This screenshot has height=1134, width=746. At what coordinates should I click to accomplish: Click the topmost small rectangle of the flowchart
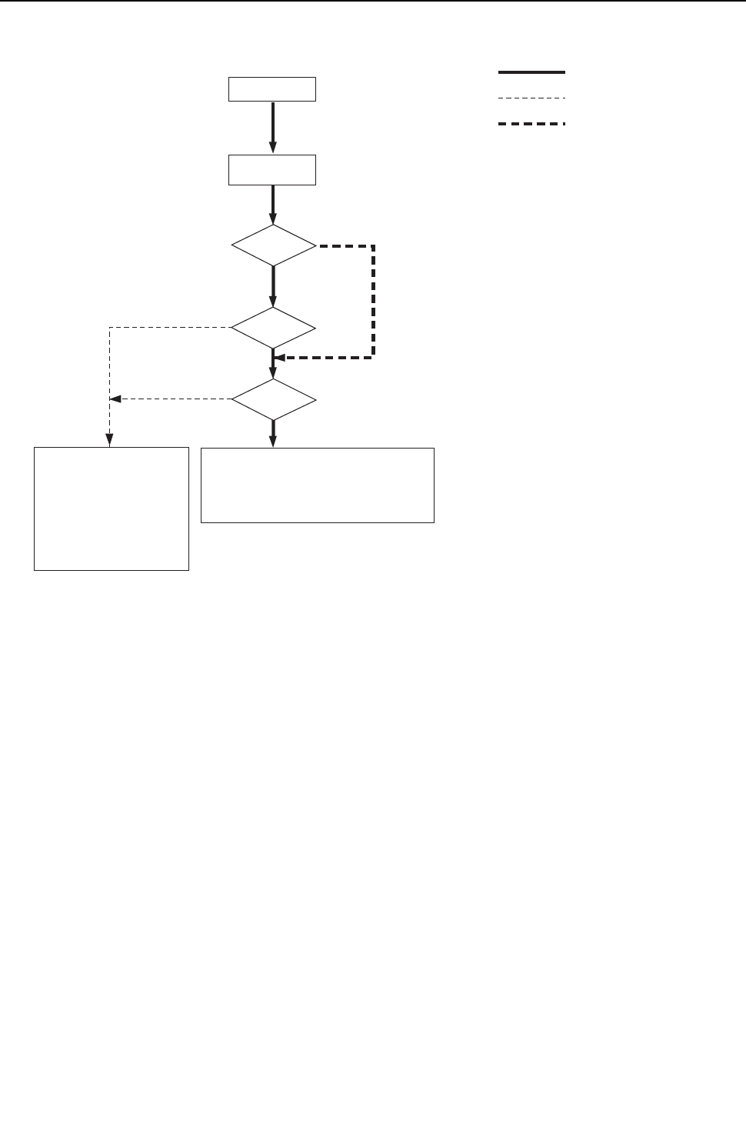point(272,89)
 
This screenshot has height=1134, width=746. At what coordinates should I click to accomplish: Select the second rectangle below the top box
point(272,170)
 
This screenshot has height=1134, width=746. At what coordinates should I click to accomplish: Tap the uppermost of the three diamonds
point(273,246)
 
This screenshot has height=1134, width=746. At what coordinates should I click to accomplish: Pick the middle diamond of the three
point(273,328)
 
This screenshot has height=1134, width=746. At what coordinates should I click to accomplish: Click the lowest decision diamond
point(274,399)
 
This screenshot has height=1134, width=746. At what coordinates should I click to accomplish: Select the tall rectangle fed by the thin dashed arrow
point(112,509)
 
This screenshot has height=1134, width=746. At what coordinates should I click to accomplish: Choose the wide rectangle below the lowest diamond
point(318,485)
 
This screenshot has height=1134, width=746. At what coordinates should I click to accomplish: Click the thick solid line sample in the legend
point(531,72)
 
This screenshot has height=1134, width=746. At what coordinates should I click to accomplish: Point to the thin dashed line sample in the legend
point(531,98)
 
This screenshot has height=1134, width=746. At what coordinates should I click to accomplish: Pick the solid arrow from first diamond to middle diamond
point(273,287)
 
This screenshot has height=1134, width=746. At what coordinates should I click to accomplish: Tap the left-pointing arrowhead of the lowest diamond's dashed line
point(115,399)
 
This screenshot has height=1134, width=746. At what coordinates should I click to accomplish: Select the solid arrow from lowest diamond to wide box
point(273,432)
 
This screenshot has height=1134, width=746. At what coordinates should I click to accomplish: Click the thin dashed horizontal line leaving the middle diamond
point(170,328)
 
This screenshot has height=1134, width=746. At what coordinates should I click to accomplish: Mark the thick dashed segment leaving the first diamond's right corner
point(345,246)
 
